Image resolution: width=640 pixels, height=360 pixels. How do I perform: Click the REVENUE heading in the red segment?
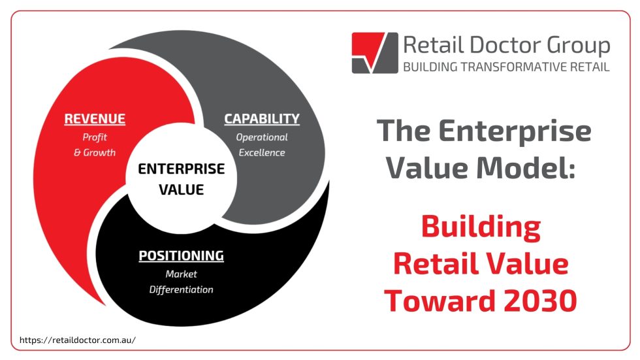(x=95, y=119)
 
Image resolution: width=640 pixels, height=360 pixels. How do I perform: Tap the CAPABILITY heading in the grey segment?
(x=261, y=119)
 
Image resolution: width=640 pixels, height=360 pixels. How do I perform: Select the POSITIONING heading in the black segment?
(x=181, y=255)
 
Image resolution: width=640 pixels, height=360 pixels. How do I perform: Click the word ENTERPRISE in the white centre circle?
(x=181, y=169)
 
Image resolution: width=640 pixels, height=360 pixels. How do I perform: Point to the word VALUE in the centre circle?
(x=181, y=190)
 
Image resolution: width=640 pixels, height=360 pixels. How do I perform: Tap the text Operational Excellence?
(x=261, y=145)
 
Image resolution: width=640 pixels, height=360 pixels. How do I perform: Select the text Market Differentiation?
(x=181, y=282)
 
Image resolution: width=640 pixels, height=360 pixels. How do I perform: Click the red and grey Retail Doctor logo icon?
(x=374, y=52)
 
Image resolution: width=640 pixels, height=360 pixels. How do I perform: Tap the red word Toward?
(x=430, y=301)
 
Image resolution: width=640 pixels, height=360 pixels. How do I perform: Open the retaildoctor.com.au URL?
(x=77, y=340)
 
